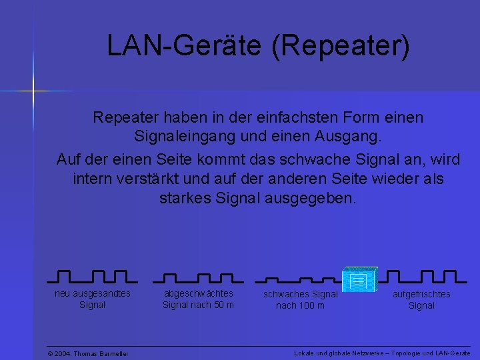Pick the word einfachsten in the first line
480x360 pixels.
[311, 118]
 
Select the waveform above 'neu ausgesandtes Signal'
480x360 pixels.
[93, 276]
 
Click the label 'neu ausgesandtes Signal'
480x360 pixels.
[93, 299]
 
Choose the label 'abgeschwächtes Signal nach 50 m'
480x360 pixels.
[199, 299]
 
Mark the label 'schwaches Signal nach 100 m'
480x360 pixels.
[301, 300]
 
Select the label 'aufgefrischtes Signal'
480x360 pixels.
[421, 300]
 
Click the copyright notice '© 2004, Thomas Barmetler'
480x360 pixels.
[88, 353]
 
